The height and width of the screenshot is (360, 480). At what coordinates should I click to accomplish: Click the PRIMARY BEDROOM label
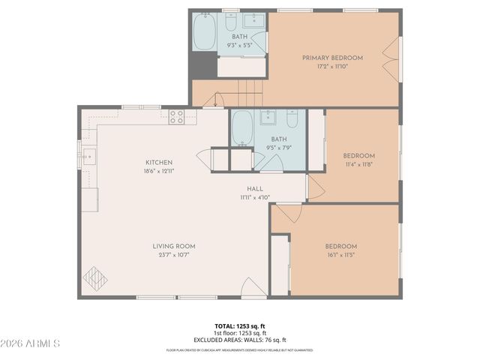(332, 58)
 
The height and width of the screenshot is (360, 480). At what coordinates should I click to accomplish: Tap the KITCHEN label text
(159, 162)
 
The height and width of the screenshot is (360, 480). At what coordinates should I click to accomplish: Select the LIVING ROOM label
(174, 246)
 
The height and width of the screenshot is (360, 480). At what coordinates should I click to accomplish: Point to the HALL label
(255, 189)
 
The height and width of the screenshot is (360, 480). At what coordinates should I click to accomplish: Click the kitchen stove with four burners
(176, 116)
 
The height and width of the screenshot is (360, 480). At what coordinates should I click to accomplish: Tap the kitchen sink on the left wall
(89, 157)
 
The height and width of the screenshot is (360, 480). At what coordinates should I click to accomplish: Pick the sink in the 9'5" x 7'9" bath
(268, 118)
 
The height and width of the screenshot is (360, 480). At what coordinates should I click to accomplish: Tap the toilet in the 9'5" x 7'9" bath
(292, 119)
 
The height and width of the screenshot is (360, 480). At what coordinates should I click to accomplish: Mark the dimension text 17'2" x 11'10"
(332, 67)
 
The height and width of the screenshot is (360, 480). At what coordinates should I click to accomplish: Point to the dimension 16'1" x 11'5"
(341, 255)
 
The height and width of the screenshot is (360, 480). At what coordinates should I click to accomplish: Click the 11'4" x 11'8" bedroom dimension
(358, 164)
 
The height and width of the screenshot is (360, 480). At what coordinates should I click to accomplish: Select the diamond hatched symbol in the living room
(95, 279)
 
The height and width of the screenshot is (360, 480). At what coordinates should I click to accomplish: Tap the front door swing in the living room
(253, 288)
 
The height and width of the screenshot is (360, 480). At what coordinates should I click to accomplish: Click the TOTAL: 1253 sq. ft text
(240, 326)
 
